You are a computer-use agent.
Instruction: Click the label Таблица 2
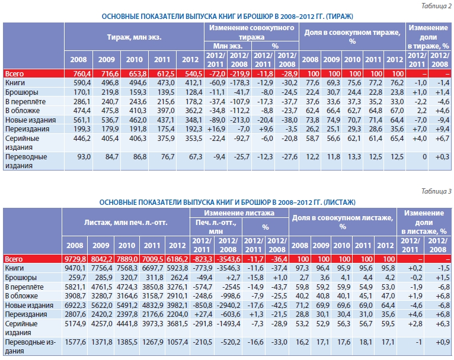434,6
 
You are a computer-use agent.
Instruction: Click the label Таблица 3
434,190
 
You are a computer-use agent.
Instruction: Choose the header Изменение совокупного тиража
250,32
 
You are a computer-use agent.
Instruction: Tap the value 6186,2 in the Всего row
177,259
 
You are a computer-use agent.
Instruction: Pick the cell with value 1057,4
177,342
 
